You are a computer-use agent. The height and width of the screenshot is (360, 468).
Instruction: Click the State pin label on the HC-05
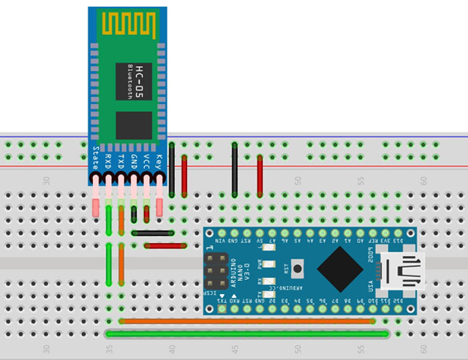97,159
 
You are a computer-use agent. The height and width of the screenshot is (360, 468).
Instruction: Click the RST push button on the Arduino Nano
298,269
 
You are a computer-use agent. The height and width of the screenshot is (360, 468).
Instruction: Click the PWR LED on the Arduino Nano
269,266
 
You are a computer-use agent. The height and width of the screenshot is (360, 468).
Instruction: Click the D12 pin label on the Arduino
399,299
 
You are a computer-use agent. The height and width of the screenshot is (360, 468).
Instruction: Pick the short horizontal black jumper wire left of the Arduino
153,233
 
